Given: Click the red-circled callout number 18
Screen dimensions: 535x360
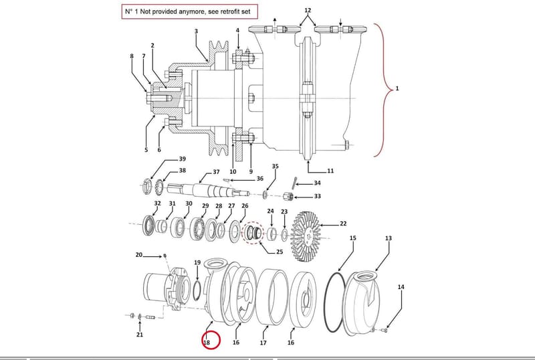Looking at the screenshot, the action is [207, 342].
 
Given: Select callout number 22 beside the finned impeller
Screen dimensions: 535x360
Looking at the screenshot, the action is [343, 223].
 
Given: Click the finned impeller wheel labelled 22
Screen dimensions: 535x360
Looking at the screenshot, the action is [306, 236].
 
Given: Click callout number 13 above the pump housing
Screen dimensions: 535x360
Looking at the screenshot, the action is [389, 238].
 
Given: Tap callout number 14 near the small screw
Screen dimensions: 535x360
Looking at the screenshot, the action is [401, 287].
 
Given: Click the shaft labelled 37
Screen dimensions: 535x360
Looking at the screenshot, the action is [208, 190].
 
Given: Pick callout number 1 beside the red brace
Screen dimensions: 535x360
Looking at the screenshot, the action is [397, 88].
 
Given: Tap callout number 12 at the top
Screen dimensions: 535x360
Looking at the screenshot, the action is [308, 10].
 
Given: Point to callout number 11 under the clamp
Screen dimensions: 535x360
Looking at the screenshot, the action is [330, 171].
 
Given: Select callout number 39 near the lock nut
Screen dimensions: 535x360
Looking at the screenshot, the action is [182, 159].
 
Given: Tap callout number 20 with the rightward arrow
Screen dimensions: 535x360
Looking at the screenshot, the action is [138, 255].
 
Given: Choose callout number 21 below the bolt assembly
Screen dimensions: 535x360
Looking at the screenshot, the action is [140, 335].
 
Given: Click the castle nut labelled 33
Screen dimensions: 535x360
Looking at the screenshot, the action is [288, 197].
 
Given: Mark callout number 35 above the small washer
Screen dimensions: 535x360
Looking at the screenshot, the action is [275, 167].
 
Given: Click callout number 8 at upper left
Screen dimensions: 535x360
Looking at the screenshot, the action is [132, 56].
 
